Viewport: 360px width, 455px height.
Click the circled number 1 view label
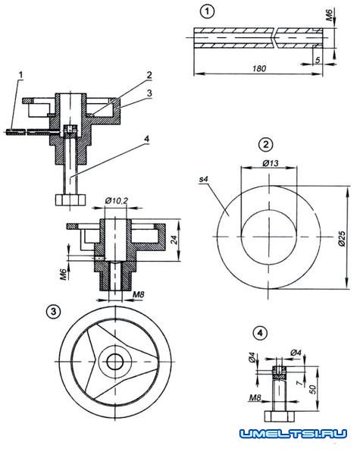(207, 12)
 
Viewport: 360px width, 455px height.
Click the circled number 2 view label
(266, 144)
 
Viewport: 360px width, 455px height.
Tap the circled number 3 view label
(53, 312)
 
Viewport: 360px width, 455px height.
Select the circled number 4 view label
(260, 333)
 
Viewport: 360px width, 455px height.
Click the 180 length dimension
(259, 68)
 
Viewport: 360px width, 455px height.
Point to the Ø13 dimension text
(271, 163)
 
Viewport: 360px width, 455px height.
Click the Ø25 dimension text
(342, 239)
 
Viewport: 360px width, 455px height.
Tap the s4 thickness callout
(204, 179)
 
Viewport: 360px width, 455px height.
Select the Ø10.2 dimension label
(116, 200)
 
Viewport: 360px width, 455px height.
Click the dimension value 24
(174, 240)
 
